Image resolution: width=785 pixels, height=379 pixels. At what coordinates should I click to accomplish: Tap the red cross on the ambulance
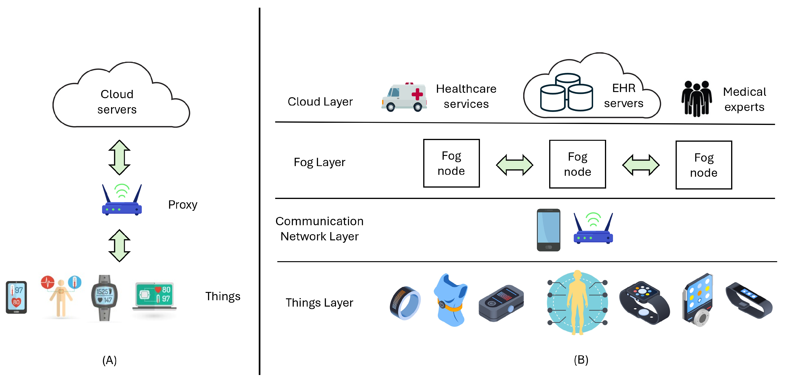417,94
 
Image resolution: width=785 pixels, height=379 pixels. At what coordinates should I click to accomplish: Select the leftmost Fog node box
451,163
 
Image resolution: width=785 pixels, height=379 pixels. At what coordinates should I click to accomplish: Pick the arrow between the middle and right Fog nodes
641,165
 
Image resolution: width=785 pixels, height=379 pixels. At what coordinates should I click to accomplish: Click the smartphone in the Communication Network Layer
548,230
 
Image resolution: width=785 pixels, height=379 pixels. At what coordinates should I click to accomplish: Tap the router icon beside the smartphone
593,229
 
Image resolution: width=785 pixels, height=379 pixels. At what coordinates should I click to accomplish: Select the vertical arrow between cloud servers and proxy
120,158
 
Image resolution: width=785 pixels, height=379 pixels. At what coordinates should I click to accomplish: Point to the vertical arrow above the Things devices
120,246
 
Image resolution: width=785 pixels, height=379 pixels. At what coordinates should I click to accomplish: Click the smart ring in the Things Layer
405,303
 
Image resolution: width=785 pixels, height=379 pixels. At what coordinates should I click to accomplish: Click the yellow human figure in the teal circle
577,302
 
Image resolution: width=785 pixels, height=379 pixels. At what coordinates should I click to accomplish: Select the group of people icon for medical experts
696,98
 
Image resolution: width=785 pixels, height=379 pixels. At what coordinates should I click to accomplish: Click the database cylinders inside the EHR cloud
566,93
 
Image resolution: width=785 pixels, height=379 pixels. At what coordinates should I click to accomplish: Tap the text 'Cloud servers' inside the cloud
117,102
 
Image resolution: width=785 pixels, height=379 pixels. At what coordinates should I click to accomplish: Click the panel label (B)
581,360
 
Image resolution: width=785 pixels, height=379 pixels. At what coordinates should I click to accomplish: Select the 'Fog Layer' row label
319,162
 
